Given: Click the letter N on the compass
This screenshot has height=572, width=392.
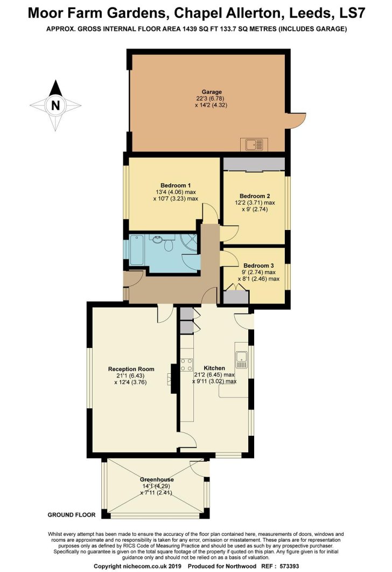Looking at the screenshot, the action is (55, 106).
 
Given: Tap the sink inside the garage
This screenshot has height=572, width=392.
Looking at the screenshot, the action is (254, 145).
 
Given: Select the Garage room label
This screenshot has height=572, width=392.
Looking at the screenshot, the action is (212, 92).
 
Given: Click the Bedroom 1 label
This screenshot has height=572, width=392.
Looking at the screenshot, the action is (176, 185).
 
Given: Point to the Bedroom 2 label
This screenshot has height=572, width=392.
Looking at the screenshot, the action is (255, 196).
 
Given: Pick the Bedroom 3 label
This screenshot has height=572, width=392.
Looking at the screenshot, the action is (258, 266).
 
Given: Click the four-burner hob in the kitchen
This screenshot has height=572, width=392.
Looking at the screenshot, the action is (186, 364).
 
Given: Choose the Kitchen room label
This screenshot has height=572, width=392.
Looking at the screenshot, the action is (214, 368).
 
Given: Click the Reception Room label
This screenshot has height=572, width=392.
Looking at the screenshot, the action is (131, 369).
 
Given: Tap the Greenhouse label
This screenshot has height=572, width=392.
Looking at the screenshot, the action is (157, 479).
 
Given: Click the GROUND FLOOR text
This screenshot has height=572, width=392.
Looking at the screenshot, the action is (72, 515).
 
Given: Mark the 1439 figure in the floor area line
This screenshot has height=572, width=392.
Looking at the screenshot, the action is (189, 29).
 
